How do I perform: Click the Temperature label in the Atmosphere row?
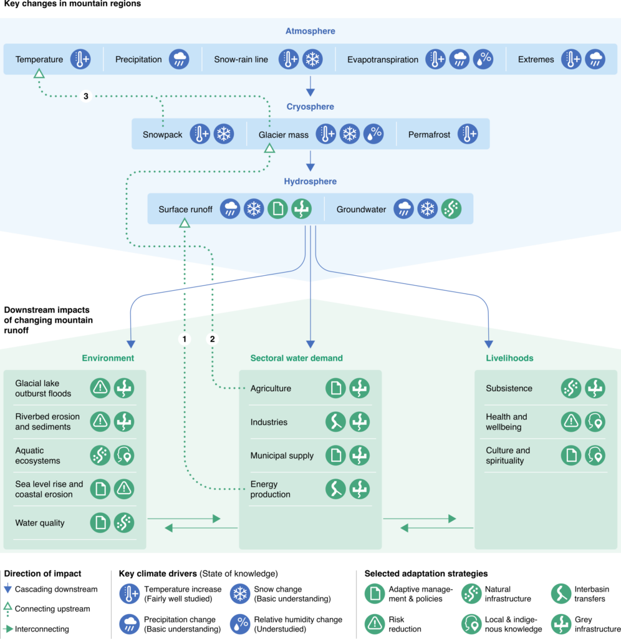[x=39, y=59]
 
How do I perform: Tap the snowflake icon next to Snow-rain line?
[x=312, y=59]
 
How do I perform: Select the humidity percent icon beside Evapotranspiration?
[x=483, y=59]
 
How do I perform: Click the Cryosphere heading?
[x=310, y=107]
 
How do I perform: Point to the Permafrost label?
[x=429, y=134]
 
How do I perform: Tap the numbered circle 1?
[x=183, y=339]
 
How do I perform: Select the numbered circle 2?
[x=212, y=339]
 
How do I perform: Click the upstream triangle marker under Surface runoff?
[x=184, y=223]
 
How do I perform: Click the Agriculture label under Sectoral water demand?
[x=271, y=388]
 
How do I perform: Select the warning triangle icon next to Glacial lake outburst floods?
[x=100, y=388]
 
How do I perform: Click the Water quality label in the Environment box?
[x=39, y=523]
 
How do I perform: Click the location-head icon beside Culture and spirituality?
[x=594, y=456]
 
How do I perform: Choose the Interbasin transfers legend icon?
[x=561, y=593]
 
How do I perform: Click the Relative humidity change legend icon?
[x=240, y=624]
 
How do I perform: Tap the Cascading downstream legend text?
[x=56, y=589]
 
